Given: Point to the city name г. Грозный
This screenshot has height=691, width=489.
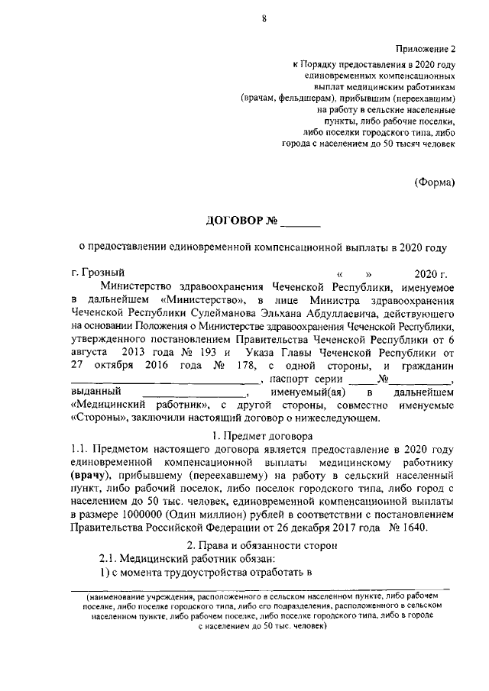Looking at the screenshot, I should pyautogui.click(x=96, y=273).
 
